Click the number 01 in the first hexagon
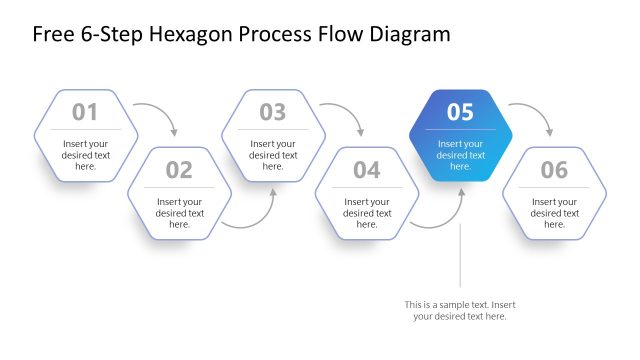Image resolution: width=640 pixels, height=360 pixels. (x=85, y=112)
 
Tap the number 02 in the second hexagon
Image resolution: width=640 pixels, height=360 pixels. (x=179, y=170)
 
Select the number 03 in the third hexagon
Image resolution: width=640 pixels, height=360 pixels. (x=273, y=112)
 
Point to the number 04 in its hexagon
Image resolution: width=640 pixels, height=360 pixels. (x=367, y=170)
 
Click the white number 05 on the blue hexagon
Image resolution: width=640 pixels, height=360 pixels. (x=460, y=112)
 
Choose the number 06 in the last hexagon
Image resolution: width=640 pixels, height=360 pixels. (x=554, y=170)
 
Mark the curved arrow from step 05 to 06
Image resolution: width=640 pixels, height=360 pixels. (x=537, y=111)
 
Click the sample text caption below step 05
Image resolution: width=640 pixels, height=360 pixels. (x=460, y=310)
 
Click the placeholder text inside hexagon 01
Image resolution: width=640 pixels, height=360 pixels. (x=85, y=154)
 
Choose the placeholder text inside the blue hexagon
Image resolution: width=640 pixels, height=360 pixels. (x=460, y=154)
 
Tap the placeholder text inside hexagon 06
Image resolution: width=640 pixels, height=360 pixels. (x=554, y=212)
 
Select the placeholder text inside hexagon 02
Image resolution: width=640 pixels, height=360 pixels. (x=179, y=212)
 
